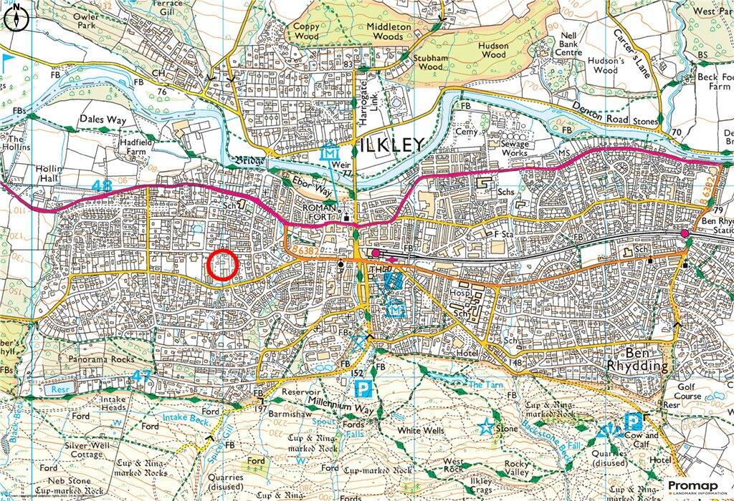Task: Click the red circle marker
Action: tap(222, 266)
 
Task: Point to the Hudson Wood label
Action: tap(494, 49)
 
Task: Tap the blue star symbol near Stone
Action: tap(485, 427)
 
